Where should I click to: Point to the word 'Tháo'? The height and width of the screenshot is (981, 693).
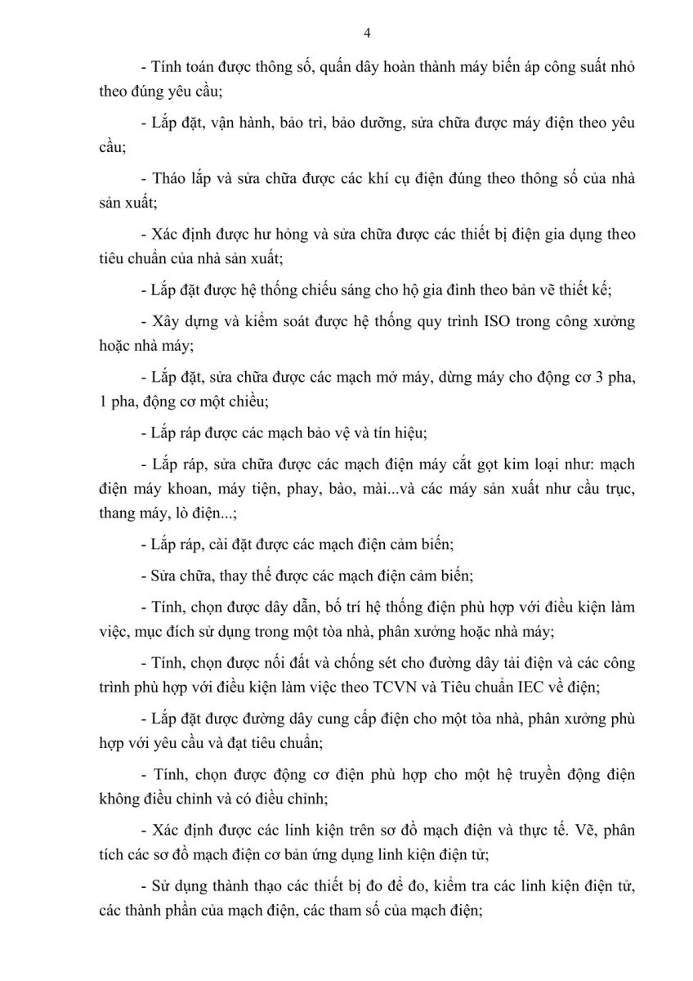tap(169, 178)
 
